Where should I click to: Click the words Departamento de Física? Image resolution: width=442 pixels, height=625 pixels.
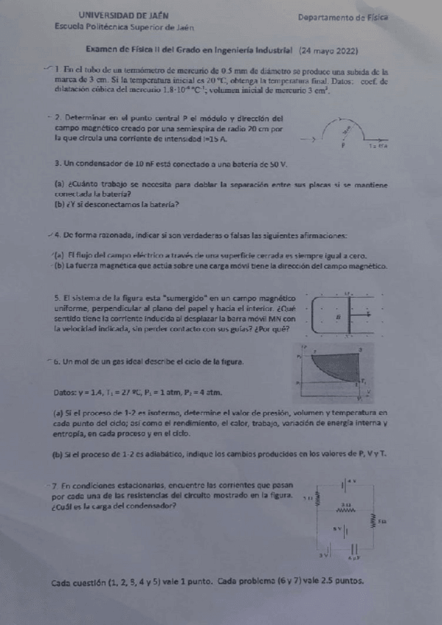343,16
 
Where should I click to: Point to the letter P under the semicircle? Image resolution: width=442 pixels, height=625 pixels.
343,146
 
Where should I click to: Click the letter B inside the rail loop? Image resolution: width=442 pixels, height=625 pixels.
338,315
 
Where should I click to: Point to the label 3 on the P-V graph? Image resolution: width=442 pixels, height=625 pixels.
360,349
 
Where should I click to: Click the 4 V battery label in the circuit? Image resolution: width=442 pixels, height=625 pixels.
351,481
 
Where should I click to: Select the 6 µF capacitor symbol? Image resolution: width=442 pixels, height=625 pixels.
355,548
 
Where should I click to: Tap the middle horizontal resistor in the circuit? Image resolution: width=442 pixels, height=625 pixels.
345,508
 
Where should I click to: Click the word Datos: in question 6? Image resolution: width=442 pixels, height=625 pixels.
67,391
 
